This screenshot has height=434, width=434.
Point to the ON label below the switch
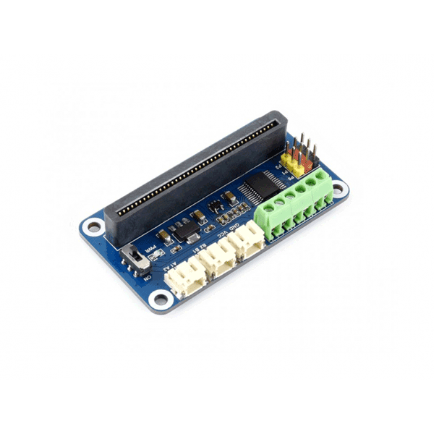(147, 276)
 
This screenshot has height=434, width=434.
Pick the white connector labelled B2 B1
(220, 258)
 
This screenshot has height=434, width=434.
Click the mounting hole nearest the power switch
(93, 226)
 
